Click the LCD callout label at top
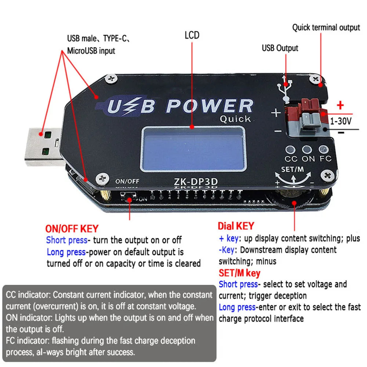[192, 35]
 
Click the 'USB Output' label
[280, 48]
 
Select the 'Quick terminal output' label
[326, 28]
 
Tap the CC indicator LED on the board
[291, 149]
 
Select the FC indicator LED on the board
[323, 149]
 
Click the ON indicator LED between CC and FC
[307, 149]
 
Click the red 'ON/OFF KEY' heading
[72, 229]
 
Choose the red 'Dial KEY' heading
[236, 226]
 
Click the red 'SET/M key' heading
[239, 273]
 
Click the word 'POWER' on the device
[209, 106]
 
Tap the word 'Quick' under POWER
[235, 119]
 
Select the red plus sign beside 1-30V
[340, 106]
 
